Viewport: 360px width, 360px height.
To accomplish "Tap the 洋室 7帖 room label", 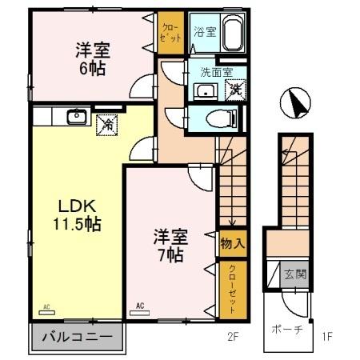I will coord(170,246).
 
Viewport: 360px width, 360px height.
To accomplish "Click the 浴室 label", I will coord(204,32).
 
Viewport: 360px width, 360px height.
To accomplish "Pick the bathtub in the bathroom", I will coord(233,34).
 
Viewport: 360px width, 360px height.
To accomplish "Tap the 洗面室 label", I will coord(216,72).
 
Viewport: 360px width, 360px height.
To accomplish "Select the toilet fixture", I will coord(219,119).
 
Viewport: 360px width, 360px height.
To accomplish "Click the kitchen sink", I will coord(77,117).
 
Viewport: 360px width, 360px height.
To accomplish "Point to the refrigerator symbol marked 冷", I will coord(106,124).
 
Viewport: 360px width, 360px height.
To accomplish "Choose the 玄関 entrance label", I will coord(294,274).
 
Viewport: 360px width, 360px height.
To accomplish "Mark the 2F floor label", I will coord(232,337).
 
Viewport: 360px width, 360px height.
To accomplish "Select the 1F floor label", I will coord(326,337).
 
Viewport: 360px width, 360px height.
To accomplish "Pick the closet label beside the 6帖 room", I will coord(169,32).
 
